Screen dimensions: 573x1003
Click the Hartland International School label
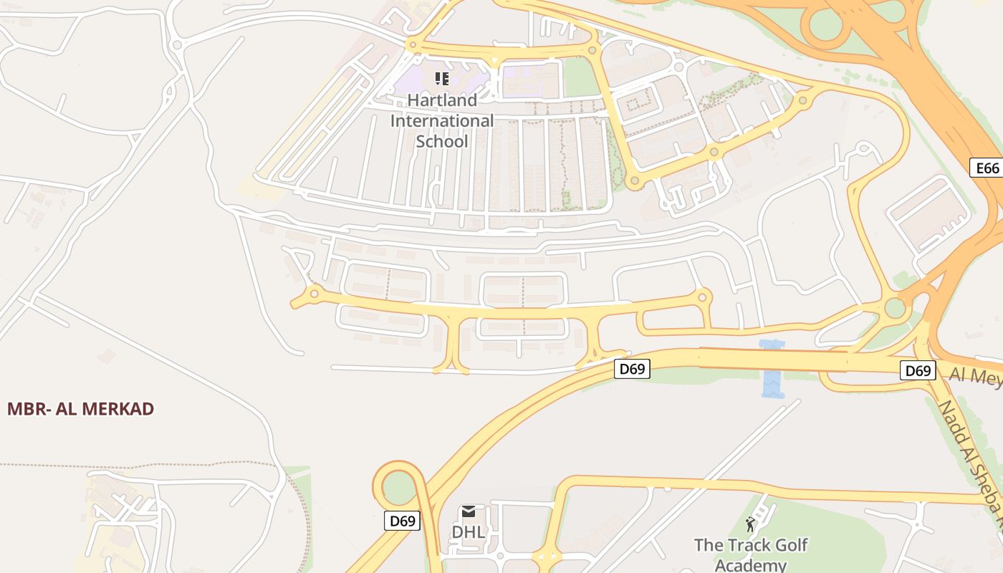click(442, 120)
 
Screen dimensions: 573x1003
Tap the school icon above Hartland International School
click(442, 78)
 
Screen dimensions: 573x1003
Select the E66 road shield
click(987, 168)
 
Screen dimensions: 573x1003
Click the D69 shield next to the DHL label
click(402, 521)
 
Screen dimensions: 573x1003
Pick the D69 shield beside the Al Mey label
click(918, 370)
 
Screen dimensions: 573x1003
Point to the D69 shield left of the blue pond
click(633, 370)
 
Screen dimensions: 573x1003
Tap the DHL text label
click(468, 532)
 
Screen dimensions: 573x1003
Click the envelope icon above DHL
click(469, 511)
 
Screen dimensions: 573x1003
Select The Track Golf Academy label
click(751, 554)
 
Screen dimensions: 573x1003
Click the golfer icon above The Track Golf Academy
click(750, 524)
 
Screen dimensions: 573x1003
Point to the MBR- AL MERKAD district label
click(80, 409)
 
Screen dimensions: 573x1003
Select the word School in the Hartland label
click(442, 141)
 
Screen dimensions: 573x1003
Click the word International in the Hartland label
click(442, 120)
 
